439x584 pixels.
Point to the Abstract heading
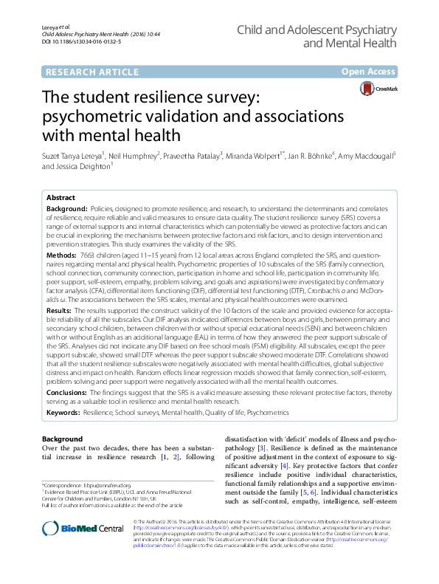pyautogui.click(x=61, y=198)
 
